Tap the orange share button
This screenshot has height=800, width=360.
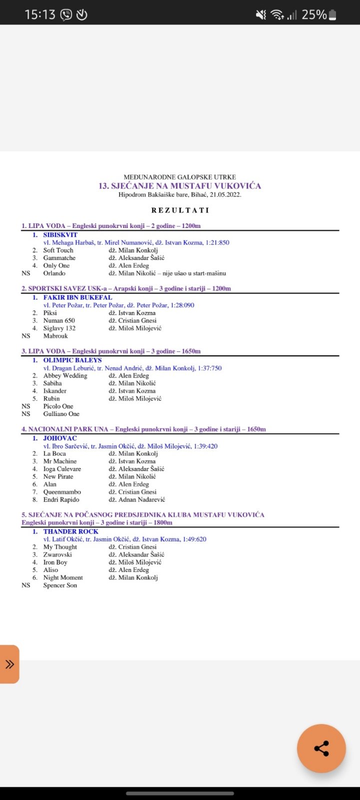tap(321, 748)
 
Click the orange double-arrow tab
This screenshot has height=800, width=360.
tap(9, 664)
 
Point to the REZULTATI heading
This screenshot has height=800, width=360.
tap(180, 210)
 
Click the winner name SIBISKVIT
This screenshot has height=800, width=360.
tap(60, 234)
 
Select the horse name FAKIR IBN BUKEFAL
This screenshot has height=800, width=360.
tap(77, 297)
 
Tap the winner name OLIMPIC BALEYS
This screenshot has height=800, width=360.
tap(72, 360)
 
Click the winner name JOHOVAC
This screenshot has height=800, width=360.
tap(60, 438)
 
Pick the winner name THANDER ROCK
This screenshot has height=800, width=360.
tap(70, 531)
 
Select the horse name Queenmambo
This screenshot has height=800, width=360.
tap(62, 492)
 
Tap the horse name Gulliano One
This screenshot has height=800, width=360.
tap(61, 414)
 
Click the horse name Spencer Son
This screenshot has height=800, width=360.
tap(60, 585)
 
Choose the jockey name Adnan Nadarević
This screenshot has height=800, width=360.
tap(141, 499)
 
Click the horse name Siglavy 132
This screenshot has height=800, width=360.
tap(59, 328)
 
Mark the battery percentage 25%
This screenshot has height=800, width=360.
tap(314, 15)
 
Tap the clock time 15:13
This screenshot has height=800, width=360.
tap(40, 15)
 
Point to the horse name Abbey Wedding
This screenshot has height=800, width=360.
tap(65, 375)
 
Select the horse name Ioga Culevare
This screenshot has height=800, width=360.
tap(62, 469)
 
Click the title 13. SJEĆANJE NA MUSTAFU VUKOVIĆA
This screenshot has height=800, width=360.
tap(180, 186)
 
